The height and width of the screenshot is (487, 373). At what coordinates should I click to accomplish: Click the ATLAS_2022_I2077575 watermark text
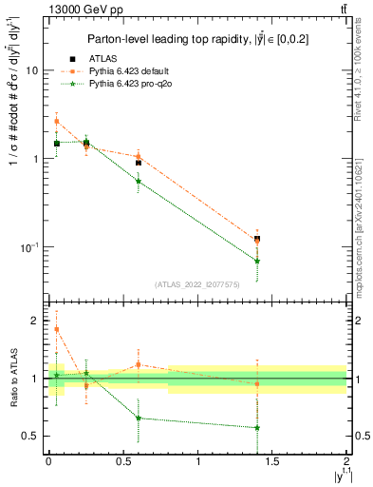click(x=196, y=283)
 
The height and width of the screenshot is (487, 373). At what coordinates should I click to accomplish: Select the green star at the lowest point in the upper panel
click(x=257, y=261)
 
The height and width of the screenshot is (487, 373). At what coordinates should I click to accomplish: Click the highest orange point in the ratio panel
click(x=57, y=329)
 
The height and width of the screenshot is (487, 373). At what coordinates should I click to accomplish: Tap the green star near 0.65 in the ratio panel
click(x=139, y=418)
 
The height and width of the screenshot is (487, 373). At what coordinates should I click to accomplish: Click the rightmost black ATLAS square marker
click(x=257, y=239)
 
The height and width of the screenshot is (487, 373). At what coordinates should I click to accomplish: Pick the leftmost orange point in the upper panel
click(x=57, y=122)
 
